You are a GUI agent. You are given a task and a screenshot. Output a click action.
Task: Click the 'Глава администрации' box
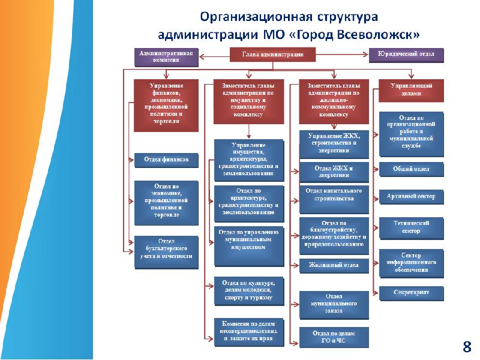pyautogui.click(x=272, y=55)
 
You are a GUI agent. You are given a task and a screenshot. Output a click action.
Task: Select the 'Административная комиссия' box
pyautogui.click(x=166, y=56)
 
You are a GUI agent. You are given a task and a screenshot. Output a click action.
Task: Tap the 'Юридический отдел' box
pyautogui.click(x=406, y=56)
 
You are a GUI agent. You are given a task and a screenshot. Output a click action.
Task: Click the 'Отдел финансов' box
pyautogui.click(x=166, y=160)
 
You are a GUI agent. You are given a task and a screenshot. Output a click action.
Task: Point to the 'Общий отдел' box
pyautogui.click(x=411, y=170)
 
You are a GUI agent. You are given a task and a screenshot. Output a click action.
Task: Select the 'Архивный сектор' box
pyautogui.click(x=411, y=197)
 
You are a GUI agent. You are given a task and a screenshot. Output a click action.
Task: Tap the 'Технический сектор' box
pyautogui.click(x=411, y=227)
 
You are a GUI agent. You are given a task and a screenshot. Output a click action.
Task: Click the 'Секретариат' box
pyautogui.click(x=411, y=293)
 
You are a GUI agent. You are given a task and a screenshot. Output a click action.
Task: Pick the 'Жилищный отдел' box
pyautogui.click(x=334, y=265)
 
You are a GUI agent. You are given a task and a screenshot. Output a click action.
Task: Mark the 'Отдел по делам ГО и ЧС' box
pyautogui.click(x=334, y=337)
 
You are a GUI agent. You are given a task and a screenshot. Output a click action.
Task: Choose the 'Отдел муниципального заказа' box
pyautogui.click(x=334, y=304)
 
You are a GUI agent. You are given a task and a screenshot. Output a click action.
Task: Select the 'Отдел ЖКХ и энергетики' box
pyautogui.click(x=334, y=172)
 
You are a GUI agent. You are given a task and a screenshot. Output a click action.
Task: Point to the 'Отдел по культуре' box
pyautogui.click(x=248, y=290)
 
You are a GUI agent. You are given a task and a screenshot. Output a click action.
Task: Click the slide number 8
pyautogui.click(x=466, y=346)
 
